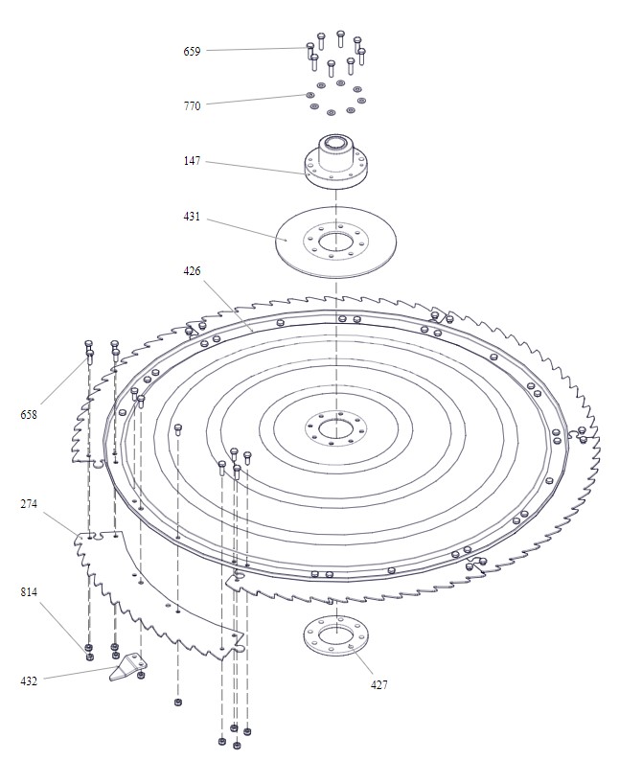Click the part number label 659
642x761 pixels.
tap(192, 50)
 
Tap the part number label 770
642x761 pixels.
tap(192, 105)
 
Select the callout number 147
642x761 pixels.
tap(192, 162)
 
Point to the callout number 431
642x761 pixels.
tap(192, 218)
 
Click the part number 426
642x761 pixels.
tap(192, 272)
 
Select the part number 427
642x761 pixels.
tap(379, 685)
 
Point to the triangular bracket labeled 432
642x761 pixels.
tap(127, 668)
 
